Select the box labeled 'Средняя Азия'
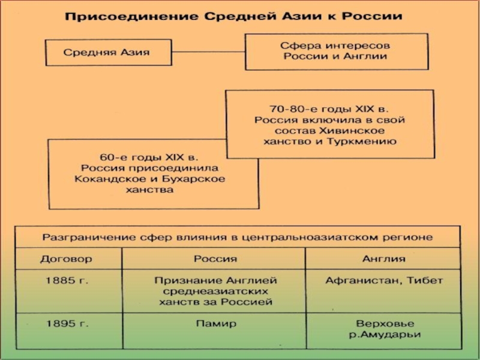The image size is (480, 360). pyautogui.click(x=106, y=52)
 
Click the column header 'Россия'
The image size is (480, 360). pyautogui.click(x=215, y=259)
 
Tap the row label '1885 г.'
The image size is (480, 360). pyautogui.click(x=64, y=280)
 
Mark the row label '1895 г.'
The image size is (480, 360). pyautogui.click(x=64, y=323)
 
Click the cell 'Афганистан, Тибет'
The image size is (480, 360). pyautogui.click(x=384, y=280)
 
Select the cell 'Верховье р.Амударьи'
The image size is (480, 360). pyautogui.click(x=384, y=329)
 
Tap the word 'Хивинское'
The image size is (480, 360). pyautogui.click(x=360, y=131)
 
